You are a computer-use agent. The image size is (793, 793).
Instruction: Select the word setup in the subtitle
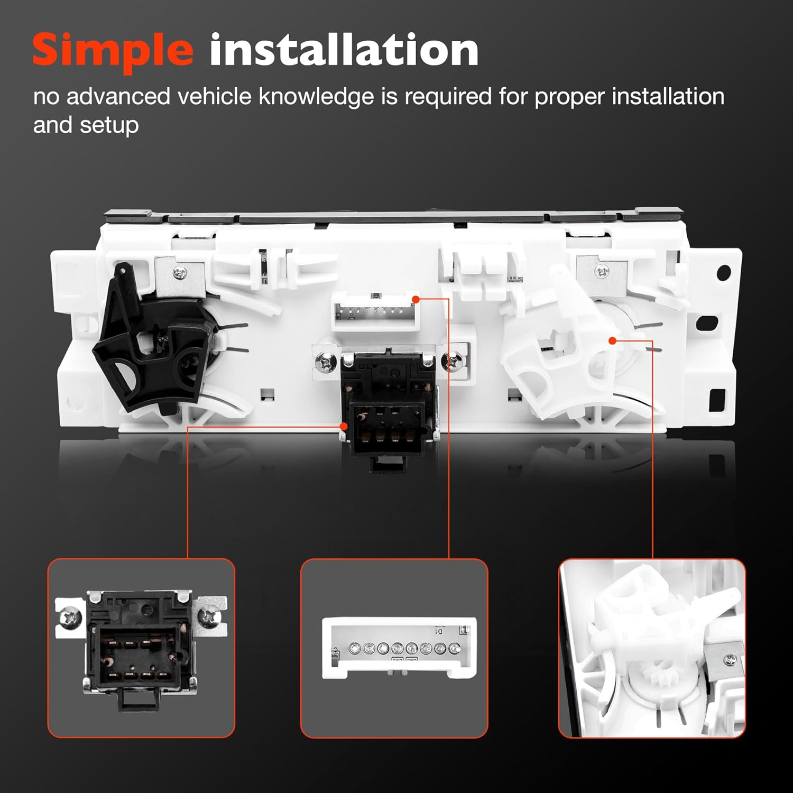(109, 126)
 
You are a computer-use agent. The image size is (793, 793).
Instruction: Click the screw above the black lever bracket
(179, 273)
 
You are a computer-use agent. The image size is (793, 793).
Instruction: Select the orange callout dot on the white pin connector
(416, 299)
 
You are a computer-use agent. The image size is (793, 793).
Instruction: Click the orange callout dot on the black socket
(344, 426)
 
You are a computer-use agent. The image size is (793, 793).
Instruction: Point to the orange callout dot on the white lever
(612, 340)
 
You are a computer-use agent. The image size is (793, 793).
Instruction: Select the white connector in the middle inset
(399, 648)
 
